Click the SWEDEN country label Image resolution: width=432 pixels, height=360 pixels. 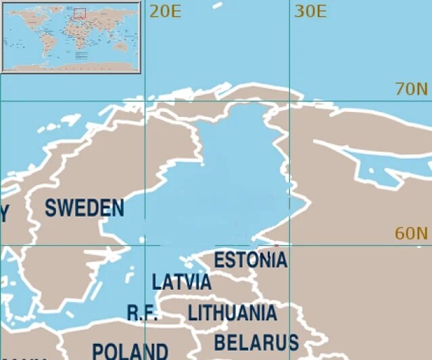tap(85, 208)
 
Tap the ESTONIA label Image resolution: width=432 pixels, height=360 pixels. tap(251, 260)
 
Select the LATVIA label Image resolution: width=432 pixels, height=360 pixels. tap(181, 282)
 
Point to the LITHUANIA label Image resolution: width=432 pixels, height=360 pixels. tap(232, 313)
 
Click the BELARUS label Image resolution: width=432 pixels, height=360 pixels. tap(256, 342)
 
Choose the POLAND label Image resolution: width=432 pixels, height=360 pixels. tap(130, 352)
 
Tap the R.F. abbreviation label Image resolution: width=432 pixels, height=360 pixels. tap(143, 313)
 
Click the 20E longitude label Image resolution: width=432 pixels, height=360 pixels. tap(166, 11)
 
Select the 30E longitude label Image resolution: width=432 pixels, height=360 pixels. tap(311, 11)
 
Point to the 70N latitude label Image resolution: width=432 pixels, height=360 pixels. tap(412, 89)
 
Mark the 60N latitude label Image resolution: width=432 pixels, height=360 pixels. tap(412, 234)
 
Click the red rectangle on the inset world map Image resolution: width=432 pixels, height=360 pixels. tap(79, 13)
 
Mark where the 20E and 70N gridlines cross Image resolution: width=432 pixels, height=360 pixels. tap(145, 101)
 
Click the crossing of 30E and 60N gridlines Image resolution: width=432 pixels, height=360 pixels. tap(289, 245)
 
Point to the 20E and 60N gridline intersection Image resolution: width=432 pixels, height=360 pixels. tap(145, 245)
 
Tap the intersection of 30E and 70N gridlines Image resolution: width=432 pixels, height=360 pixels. tap(289, 101)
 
